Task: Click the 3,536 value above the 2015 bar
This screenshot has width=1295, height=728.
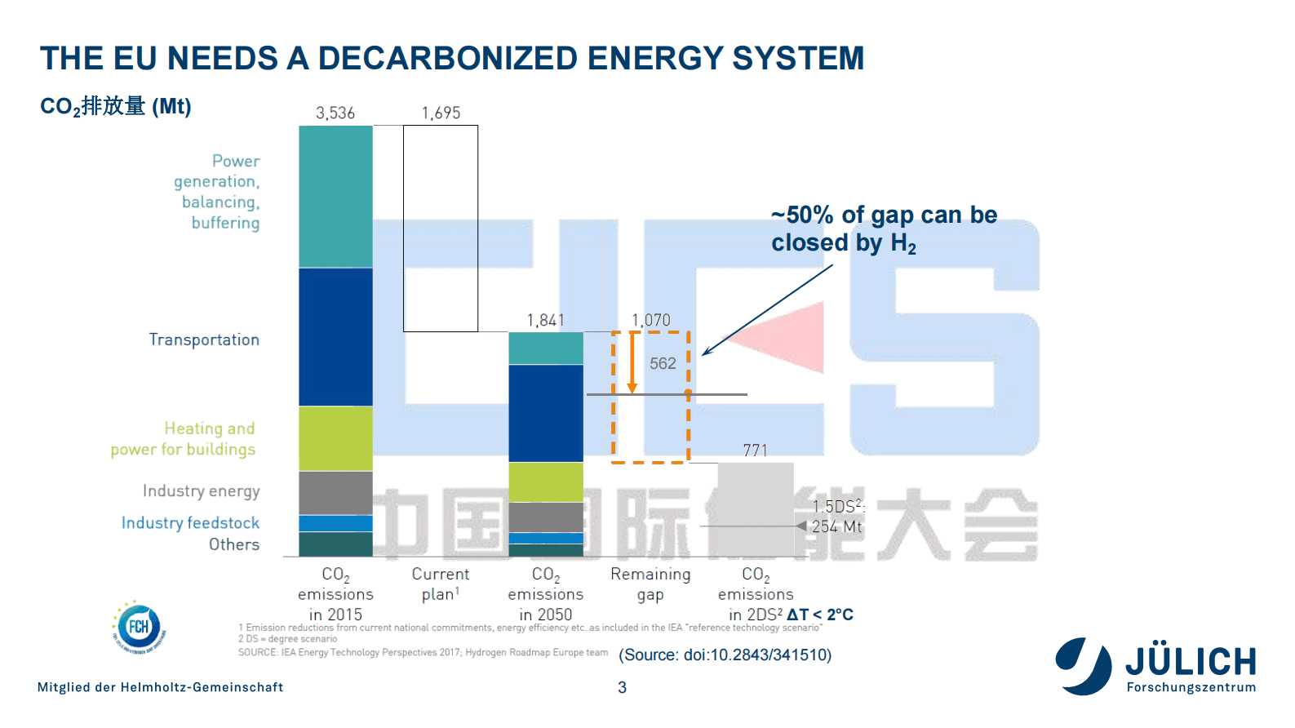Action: (335, 113)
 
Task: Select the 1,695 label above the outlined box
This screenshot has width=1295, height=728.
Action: (441, 113)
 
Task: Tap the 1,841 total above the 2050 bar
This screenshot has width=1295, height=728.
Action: (545, 320)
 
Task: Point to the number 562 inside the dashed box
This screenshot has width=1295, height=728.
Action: (663, 363)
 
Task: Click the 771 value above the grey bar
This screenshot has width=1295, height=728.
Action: (756, 450)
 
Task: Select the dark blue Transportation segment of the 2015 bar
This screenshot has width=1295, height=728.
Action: (335, 336)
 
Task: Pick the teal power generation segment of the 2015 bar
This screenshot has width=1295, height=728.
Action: (335, 196)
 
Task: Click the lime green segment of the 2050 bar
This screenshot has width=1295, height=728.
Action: (545, 482)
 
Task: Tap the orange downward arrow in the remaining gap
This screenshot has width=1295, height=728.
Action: (632, 363)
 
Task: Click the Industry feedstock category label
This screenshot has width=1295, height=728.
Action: (190, 522)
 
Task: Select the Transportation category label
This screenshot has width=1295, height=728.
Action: (204, 340)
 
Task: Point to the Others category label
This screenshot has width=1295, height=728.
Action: (234, 544)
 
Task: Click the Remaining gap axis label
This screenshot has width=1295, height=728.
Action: (650, 584)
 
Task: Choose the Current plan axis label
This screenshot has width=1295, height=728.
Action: (441, 584)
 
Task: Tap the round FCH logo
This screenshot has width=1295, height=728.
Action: (139, 628)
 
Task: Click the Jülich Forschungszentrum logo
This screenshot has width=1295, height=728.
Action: (1155, 666)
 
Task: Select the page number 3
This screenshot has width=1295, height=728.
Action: (623, 687)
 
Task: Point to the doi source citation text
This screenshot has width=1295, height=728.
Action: (725, 655)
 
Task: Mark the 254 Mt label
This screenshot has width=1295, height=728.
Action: (836, 526)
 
